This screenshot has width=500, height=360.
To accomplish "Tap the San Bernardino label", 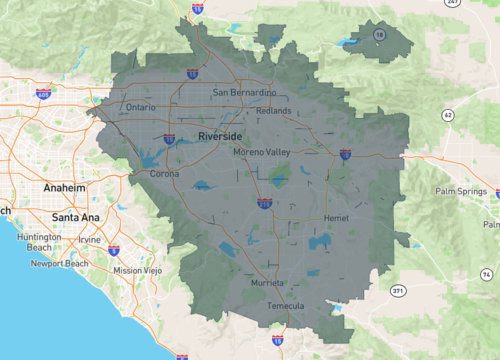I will click(x=245, y=93).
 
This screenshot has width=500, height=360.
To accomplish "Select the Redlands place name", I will click(x=273, y=110).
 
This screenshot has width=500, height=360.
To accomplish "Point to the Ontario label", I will click(x=142, y=107).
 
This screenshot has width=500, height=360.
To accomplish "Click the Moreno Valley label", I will click(x=261, y=152).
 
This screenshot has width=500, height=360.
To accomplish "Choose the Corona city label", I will click(x=165, y=173).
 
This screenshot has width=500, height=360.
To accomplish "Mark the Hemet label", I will click(x=336, y=218).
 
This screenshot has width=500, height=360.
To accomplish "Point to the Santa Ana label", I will click(x=75, y=216).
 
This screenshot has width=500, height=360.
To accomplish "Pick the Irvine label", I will click(x=91, y=240).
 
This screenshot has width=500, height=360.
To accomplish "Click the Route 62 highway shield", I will click(x=447, y=116).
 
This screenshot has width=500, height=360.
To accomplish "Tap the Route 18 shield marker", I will click(x=379, y=34).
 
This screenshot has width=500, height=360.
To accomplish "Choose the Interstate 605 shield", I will click(x=43, y=94).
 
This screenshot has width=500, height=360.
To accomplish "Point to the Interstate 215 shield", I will click(x=264, y=203).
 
